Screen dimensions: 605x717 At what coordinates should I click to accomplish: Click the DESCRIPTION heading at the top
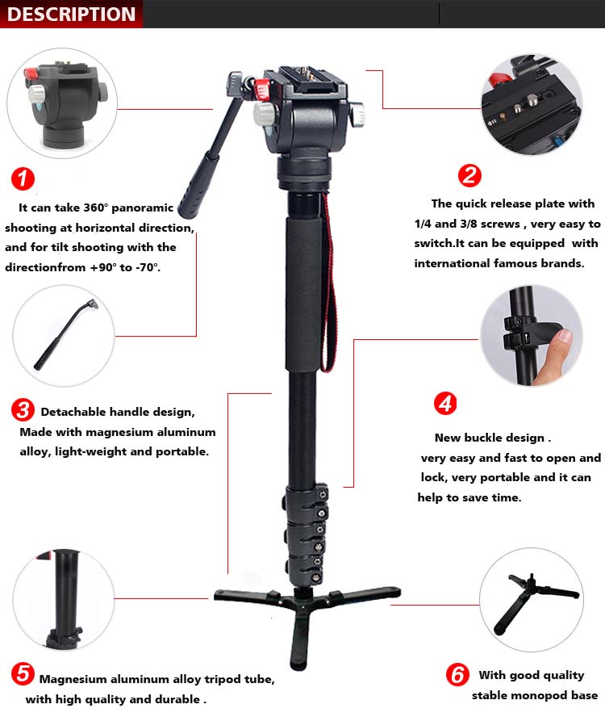[71, 15]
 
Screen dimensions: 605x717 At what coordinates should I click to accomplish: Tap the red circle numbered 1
[23, 178]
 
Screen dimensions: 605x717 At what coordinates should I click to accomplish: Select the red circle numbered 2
[469, 175]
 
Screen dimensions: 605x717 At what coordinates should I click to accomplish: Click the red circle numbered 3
[23, 409]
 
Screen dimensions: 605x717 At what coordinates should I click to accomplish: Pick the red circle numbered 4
[445, 404]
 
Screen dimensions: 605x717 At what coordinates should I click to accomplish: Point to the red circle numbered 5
[23, 673]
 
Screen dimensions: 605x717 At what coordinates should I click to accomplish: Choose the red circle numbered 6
[457, 675]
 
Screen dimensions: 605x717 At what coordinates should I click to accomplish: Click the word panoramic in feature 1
[142, 208]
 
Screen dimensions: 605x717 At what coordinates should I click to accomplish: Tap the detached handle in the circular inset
[65, 333]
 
